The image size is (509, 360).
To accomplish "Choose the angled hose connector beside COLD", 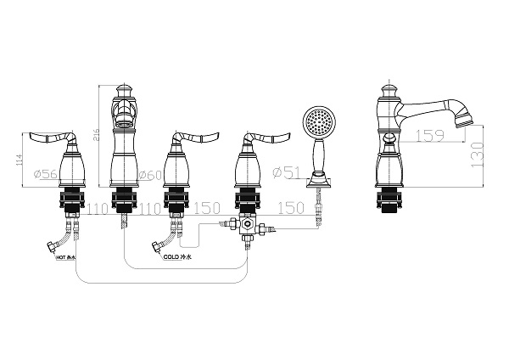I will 159,248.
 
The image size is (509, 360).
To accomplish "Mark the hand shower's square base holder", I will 321,180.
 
